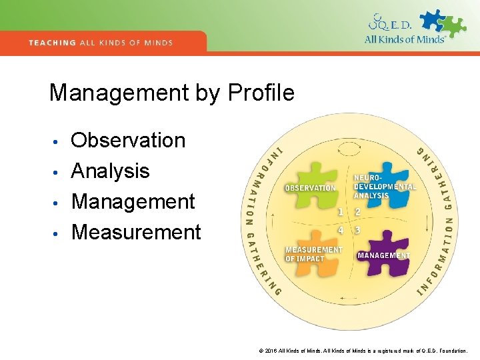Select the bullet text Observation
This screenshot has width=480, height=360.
pyautogui.click(x=128, y=140)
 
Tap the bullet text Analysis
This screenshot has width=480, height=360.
pyautogui.click(x=110, y=171)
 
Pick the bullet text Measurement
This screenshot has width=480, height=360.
pyautogui.click(x=135, y=232)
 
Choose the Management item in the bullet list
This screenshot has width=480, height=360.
pyautogui.click(x=133, y=201)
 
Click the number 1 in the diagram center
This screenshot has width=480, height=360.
pyautogui.click(x=340, y=212)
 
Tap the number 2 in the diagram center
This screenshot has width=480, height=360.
pyautogui.click(x=357, y=212)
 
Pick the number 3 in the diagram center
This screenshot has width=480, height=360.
pyautogui.click(x=357, y=230)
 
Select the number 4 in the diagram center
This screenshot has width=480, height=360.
pyautogui.click(x=340, y=230)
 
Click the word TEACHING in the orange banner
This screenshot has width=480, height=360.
pyautogui.click(x=52, y=43)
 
